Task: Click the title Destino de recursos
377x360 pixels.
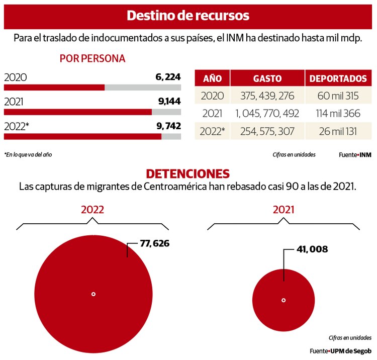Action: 188,15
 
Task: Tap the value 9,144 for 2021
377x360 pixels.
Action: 169,101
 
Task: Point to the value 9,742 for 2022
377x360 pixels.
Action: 169,126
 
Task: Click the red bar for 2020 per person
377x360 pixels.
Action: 54,87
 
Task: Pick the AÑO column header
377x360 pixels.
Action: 212,78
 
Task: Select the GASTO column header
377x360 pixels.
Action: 267,78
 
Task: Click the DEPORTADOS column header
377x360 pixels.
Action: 338,78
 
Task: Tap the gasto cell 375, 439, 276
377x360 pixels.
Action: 267,96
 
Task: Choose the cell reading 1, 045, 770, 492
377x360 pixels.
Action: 267,114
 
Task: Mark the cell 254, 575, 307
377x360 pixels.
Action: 267,131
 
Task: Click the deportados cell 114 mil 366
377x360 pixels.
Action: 338,114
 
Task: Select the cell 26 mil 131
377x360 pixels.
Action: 338,131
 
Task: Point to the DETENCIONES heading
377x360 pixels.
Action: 187,173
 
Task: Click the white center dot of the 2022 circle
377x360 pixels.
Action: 93,294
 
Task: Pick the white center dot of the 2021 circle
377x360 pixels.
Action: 284,300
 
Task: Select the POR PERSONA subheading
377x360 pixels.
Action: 92,58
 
